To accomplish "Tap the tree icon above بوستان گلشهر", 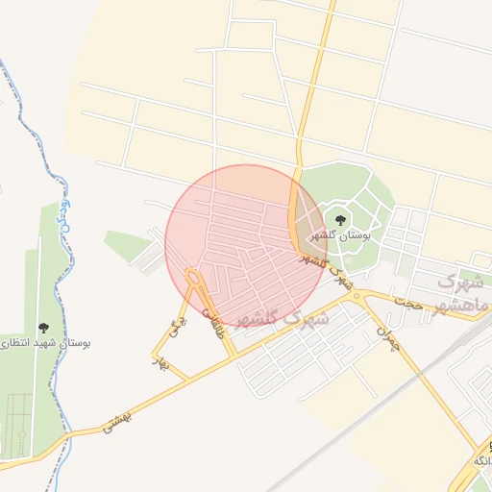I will pos(339,221).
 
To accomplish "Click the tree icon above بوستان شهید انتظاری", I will pos(42,328).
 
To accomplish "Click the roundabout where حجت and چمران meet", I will pos(357,296).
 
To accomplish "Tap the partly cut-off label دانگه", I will pos(481,462).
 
